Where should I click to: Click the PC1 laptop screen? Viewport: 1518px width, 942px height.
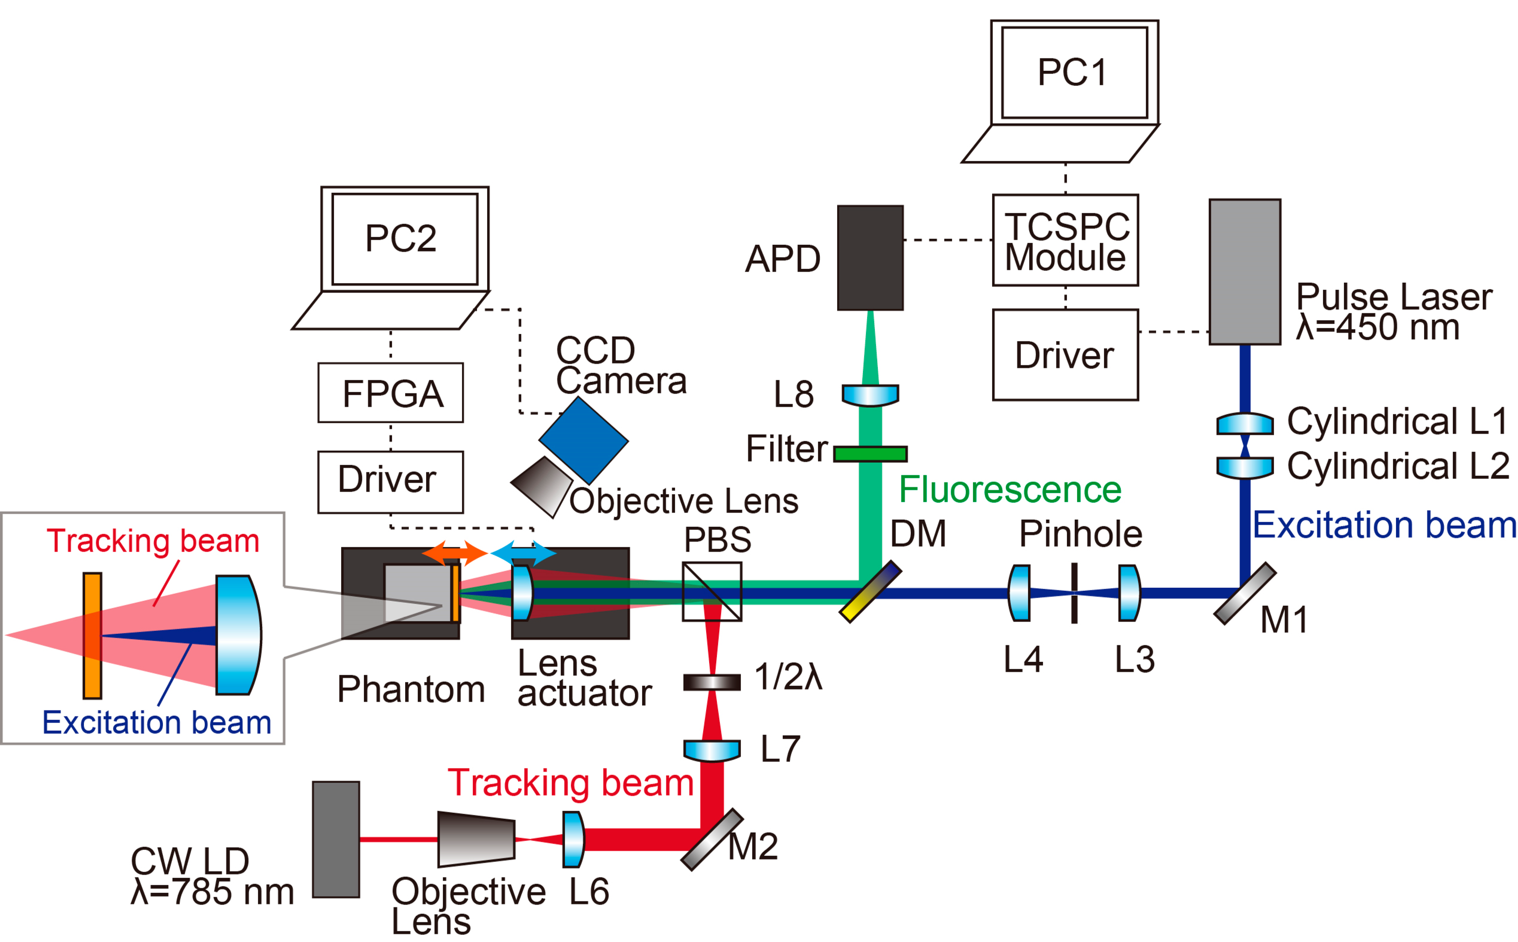[x=1074, y=72]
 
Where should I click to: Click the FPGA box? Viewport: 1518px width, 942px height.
[x=391, y=393]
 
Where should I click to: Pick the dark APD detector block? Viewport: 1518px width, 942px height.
[x=870, y=258]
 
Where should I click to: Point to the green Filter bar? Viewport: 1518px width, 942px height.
[x=870, y=453]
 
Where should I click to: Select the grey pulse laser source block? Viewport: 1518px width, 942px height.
[x=1244, y=272]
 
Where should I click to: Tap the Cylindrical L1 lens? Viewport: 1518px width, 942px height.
[x=1244, y=424]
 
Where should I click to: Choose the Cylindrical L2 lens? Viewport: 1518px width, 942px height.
[x=1244, y=467]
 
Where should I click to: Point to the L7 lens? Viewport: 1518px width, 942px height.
[x=712, y=750]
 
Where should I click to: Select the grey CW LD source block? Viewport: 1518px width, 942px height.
[x=336, y=839]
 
